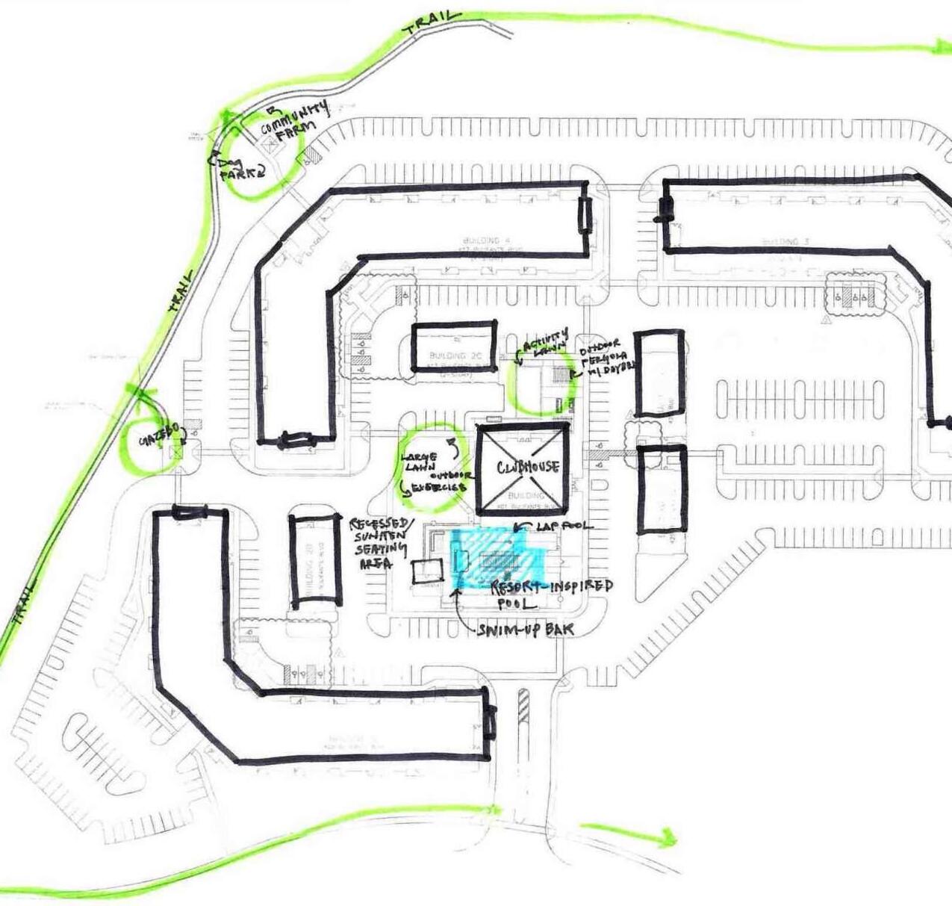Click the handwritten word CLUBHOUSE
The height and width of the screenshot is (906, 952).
coord(527,468)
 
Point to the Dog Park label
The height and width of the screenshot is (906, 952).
coord(241,166)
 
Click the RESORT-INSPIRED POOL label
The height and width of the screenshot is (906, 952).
coord(551,593)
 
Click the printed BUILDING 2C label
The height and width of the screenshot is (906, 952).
coord(452,356)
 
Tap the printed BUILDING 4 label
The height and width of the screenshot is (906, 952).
coord(486,241)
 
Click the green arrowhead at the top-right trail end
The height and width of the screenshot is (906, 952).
coord(938,49)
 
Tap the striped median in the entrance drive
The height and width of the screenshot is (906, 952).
coord(523,706)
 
